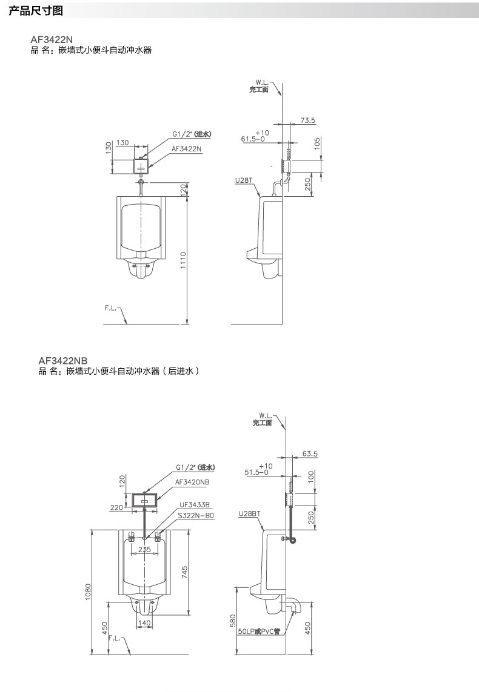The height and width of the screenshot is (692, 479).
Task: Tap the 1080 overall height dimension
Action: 87,591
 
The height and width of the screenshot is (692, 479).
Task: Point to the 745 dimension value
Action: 184,572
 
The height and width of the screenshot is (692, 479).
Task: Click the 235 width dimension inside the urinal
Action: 144,550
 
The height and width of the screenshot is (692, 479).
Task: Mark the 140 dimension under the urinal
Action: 144,623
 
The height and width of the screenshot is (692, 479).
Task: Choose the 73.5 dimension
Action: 307,120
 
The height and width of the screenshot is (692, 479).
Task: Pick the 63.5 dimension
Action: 310,453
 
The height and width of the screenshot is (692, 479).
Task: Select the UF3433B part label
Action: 194,504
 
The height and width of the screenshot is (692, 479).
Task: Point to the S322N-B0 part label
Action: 196,515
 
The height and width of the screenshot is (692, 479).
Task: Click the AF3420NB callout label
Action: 192,482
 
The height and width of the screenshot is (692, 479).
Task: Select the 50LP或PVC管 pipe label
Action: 259,631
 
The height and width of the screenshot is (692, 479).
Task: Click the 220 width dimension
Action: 116,508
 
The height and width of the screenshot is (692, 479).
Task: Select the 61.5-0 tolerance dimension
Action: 253,139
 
